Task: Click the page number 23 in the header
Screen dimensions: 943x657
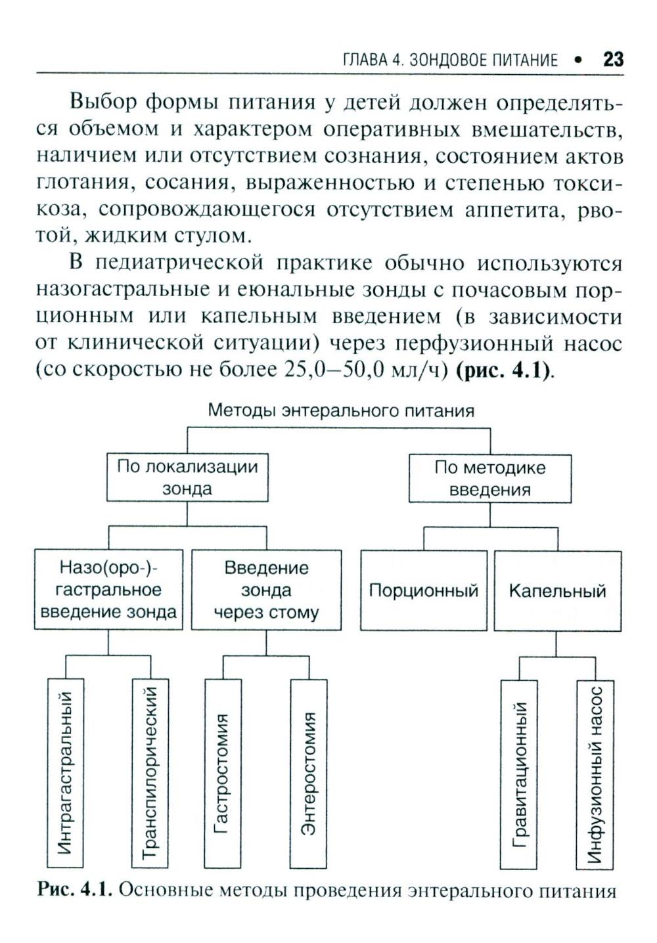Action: pyautogui.click(x=612, y=60)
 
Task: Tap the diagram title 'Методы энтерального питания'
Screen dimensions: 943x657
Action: pyautogui.click(x=340, y=411)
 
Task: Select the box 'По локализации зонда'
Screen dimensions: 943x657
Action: pyautogui.click(x=187, y=478)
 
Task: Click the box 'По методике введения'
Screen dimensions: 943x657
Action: pyautogui.click(x=490, y=479)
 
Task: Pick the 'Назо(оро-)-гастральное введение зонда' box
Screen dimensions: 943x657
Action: pyautogui.click(x=108, y=590)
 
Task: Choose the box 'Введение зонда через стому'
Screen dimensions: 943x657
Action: pyautogui.click(x=266, y=590)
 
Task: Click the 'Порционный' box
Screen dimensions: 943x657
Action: pyautogui.click(x=423, y=590)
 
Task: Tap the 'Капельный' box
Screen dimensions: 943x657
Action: pyautogui.click(x=557, y=590)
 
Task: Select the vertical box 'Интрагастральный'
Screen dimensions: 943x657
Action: pyautogui.click(x=67, y=773)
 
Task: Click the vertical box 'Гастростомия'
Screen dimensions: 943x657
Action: pyautogui.click(x=223, y=773)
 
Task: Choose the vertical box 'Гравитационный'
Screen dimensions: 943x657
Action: pyautogui.click(x=519, y=775)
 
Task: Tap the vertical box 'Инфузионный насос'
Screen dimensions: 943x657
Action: pyautogui.click(x=595, y=775)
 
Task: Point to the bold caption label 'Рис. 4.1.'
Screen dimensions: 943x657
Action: pyautogui.click(x=76, y=890)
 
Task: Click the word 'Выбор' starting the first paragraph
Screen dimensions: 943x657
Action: pyautogui.click(x=102, y=103)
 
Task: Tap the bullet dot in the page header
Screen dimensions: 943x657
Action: pyautogui.click(x=578, y=60)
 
